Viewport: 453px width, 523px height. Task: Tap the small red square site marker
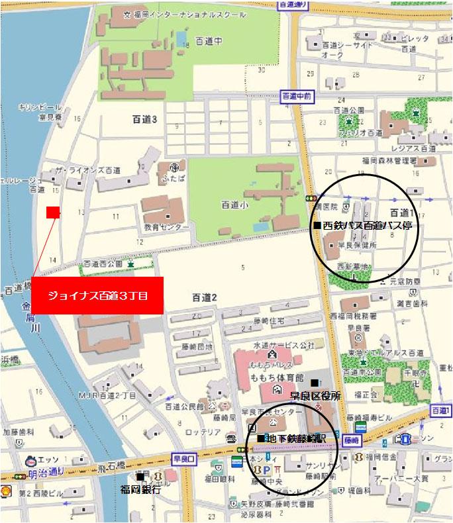[x=53, y=213]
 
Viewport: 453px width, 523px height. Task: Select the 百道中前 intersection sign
[x=295, y=95]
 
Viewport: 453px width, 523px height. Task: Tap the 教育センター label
[x=167, y=228]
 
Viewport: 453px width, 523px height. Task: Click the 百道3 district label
[x=144, y=119]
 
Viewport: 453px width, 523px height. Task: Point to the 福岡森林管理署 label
[x=389, y=160]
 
